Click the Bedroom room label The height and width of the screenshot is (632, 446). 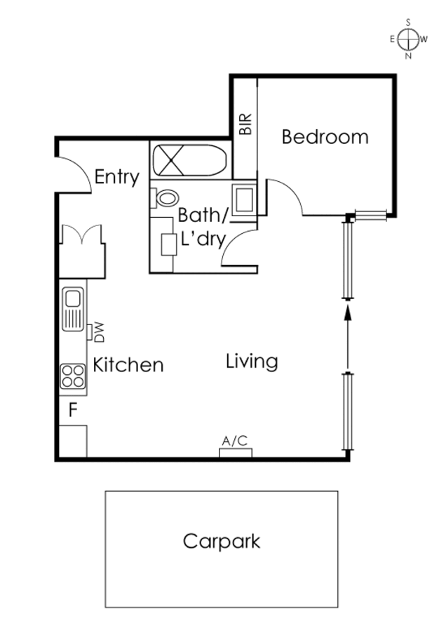tap(325, 137)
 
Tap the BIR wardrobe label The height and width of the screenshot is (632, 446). tap(245, 124)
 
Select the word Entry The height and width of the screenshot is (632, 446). tap(116, 177)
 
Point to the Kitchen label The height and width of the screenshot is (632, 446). tap(128, 364)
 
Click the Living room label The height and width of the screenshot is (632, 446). tap(252, 362)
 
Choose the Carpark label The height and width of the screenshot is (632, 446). tap(222, 541)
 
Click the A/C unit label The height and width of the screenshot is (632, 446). tap(235, 440)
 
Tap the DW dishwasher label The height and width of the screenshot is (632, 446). tap(99, 332)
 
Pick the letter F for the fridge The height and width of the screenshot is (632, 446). tap(73, 410)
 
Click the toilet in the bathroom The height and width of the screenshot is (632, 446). tap(165, 198)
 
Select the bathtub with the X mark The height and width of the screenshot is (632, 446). tap(189, 160)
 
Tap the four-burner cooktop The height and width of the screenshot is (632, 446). tap(73, 376)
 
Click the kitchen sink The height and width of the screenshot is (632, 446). tap(73, 309)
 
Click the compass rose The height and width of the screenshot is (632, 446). tap(409, 39)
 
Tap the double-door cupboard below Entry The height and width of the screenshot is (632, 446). tap(82, 251)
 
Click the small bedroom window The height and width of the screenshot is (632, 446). tap(370, 216)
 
